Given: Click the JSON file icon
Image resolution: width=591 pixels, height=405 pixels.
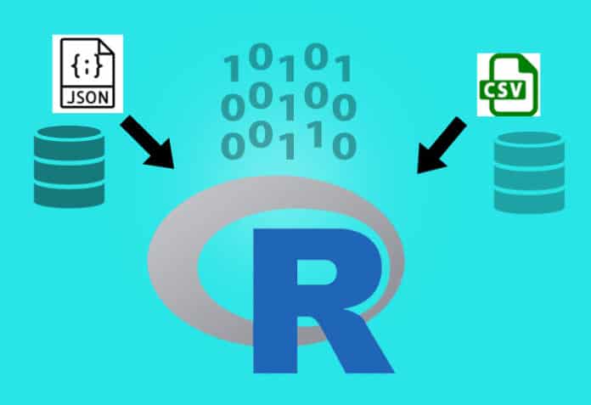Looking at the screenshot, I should click(87, 74).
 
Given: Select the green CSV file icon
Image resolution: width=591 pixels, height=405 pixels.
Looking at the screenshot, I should click(509, 84).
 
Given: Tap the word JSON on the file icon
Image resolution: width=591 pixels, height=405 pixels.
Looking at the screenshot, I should click(87, 95).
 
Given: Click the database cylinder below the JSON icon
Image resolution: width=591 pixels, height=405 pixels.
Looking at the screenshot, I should click(69, 166).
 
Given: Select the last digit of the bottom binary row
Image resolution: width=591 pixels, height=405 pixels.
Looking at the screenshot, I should click(344, 147).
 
